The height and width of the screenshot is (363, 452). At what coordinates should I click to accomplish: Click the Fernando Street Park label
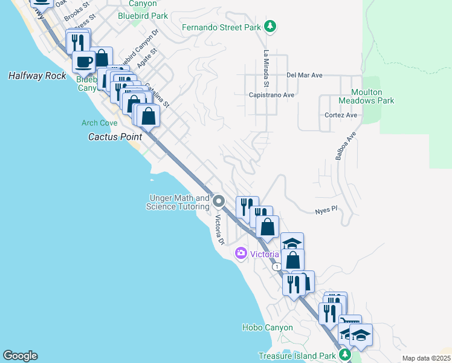tap(221, 27)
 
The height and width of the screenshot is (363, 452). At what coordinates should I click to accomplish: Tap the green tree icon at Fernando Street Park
tap(271, 26)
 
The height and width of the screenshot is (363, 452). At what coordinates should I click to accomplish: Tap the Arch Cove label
tap(100, 123)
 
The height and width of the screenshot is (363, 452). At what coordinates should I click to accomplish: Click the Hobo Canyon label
tap(267, 327)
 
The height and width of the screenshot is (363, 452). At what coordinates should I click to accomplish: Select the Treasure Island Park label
tap(296, 355)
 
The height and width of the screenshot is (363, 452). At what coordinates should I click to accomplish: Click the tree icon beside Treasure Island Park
tap(345, 355)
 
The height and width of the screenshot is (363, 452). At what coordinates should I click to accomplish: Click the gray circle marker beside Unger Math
tap(219, 201)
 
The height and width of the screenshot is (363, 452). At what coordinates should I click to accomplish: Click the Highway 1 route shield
tap(276, 267)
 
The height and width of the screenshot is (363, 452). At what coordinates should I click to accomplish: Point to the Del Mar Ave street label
tap(305, 76)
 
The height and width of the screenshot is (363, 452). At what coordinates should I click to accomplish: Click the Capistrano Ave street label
tap(271, 95)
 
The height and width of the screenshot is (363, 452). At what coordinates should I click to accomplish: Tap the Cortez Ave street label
tap(341, 115)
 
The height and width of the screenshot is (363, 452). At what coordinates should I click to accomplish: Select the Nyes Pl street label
tap(324, 211)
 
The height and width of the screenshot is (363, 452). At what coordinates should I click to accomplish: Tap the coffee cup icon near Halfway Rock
tap(83, 61)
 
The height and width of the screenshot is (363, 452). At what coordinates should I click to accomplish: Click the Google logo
tap(20, 356)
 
